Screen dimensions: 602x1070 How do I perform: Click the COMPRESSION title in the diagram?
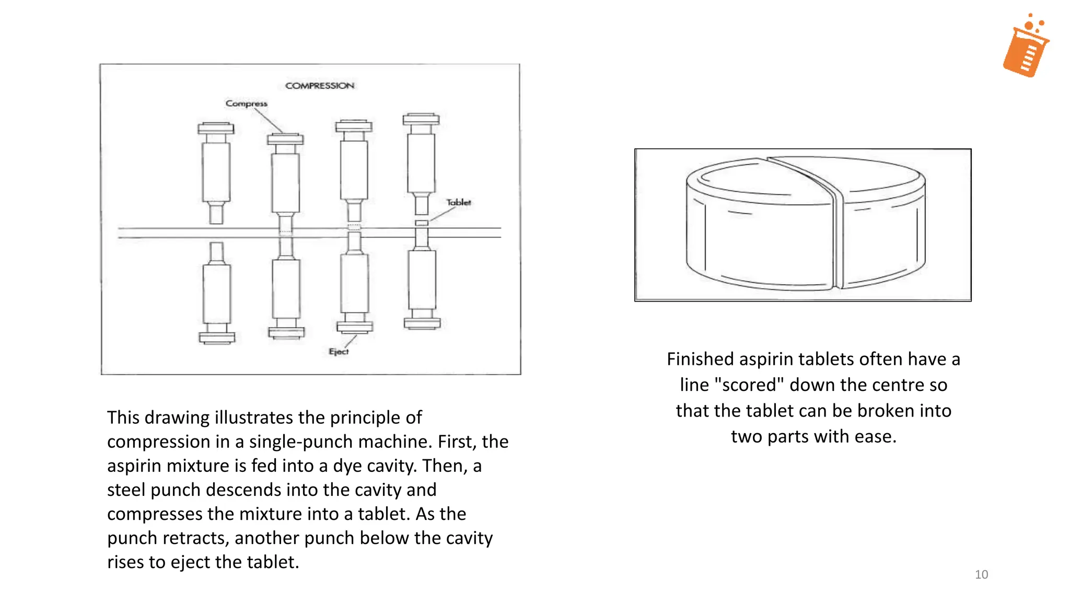(x=320, y=86)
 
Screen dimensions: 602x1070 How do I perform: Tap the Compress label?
(x=246, y=103)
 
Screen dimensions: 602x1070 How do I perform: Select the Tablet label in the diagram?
(x=458, y=202)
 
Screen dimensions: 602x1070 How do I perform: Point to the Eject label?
(x=339, y=352)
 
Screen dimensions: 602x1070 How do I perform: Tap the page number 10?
(x=981, y=574)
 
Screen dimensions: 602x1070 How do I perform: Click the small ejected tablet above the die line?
(x=422, y=223)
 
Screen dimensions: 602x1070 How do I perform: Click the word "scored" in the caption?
(x=749, y=385)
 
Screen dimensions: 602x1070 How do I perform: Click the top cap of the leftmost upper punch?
(x=216, y=129)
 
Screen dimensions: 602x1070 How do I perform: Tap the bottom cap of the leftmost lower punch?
(x=217, y=338)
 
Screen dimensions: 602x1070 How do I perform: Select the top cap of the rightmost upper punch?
(x=421, y=119)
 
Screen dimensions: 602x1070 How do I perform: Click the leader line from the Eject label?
(x=351, y=340)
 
